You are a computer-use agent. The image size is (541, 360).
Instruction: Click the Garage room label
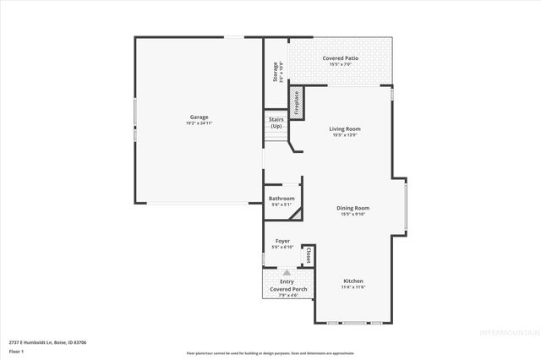[x=199, y=117]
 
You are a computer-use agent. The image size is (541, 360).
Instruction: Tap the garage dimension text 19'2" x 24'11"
[x=199, y=123]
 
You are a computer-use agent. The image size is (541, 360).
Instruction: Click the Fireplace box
[x=297, y=102]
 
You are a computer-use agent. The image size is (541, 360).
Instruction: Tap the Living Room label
[x=345, y=128]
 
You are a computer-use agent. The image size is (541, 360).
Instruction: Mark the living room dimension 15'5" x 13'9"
[x=345, y=135]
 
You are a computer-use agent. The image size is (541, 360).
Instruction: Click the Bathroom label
[x=281, y=199]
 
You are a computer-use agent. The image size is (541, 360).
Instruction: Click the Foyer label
[x=282, y=242]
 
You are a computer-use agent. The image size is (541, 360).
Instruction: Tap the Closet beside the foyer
[x=309, y=256]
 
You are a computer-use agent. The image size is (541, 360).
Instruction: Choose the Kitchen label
[x=353, y=281]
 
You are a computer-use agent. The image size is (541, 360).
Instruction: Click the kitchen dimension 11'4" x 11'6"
[x=353, y=287]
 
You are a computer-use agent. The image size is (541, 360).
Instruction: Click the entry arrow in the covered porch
[x=287, y=272]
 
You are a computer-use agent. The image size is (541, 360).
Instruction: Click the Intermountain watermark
[x=508, y=332]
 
